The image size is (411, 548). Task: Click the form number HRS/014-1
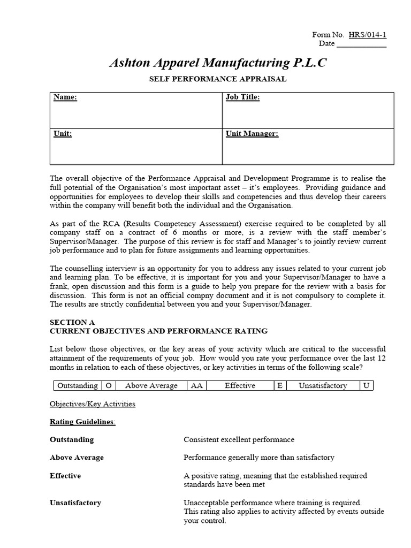pyautogui.click(x=367, y=35)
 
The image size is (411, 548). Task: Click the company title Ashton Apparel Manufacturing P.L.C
pyautogui.click(x=217, y=63)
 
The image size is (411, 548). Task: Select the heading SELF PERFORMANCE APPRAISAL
pyautogui.click(x=217, y=79)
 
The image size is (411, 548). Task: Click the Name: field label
pyautogui.click(x=65, y=97)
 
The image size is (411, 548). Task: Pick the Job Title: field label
pyautogui.click(x=242, y=97)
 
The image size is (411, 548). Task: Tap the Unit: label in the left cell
pyautogui.click(x=63, y=134)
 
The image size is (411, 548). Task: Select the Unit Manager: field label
pyautogui.click(x=252, y=134)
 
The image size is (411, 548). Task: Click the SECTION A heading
pyautogui.click(x=72, y=322)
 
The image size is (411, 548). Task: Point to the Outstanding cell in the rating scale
pyautogui.click(x=77, y=385)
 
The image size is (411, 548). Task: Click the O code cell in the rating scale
pyautogui.click(x=109, y=385)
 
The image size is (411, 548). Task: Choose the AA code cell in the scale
pyautogui.click(x=196, y=385)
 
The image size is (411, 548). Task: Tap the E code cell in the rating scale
pyautogui.click(x=279, y=385)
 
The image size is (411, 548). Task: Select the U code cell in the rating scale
pyautogui.click(x=366, y=385)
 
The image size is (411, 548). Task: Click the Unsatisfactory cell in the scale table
pyautogui.click(x=323, y=385)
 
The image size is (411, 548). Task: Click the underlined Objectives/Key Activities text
pyautogui.click(x=93, y=404)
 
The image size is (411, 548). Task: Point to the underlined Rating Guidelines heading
pyautogui.click(x=82, y=422)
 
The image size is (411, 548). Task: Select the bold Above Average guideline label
pyautogui.click(x=77, y=458)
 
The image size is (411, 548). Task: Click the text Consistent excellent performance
pyautogui.click(x=239, y=439)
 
